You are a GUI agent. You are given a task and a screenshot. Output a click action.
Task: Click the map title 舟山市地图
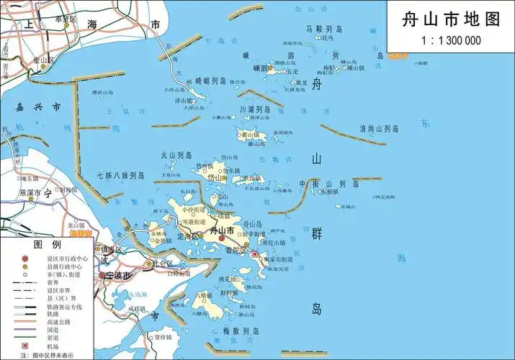(x=450, y=20)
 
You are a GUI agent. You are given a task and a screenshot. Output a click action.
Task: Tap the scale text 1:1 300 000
(x=451, y=40)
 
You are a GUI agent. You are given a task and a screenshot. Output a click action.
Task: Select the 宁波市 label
(x=119, y=276)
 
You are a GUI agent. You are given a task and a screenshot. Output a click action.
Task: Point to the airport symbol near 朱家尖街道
(x=255, y=253)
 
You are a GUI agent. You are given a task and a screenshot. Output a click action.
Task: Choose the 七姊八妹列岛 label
(x=121, y=175)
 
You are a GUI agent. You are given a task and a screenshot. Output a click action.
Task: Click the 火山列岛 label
(x=176, y=155)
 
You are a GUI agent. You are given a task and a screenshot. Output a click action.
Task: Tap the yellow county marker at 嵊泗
(x=264, y=69)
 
